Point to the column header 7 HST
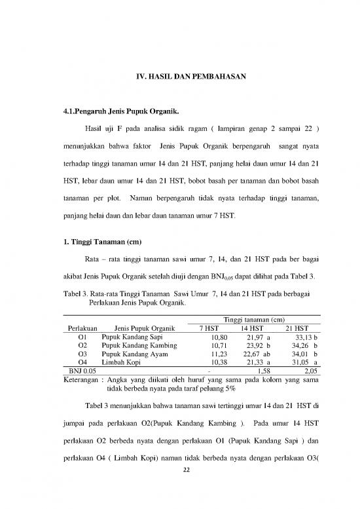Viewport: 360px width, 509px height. pyautogui.click(x=209, y=328)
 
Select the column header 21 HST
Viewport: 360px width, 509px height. pyautogui.click(x=297, y=328)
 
